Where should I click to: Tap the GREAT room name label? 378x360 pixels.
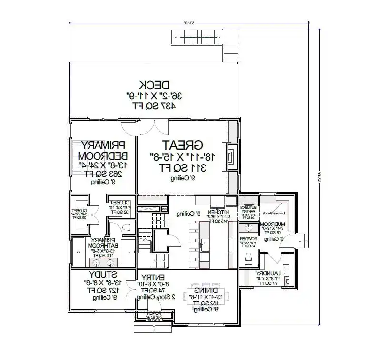click(x=183, y=145)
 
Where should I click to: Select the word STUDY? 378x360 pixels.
click(x=103, y=275)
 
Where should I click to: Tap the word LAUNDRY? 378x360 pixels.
click(x=267, y=273)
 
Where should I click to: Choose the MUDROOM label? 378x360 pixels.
click(x=272, y=224)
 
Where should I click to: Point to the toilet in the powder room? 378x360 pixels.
click(x=248, y=258)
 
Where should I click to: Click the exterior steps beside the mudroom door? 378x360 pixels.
click(x=302, y=240)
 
